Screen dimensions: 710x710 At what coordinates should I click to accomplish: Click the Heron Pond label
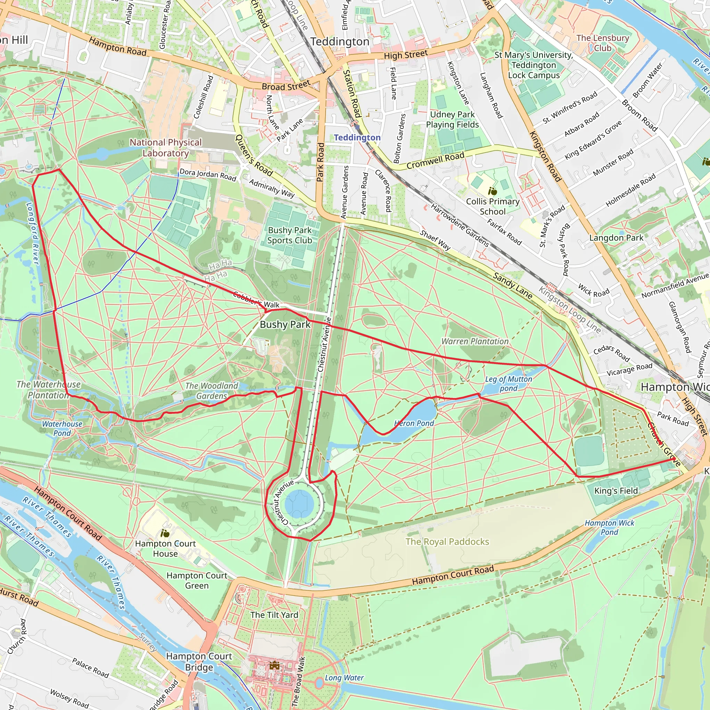pyautogui.click(x=414, y=423)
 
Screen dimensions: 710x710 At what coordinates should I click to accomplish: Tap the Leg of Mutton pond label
pyautogui.click(x=508, y=384)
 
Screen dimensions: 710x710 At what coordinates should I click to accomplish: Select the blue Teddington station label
pyautogui.click(x=357, y=137)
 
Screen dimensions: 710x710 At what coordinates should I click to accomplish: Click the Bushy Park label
pyautogui.click(x=285, y=324)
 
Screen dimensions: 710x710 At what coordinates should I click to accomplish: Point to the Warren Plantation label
pyautogui.click(x=475, y=341)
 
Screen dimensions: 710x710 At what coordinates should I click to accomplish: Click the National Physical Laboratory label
pyautogui.click(x=166, y=148)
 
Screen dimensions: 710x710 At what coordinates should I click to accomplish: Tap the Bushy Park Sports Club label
pyautogui.click(x=289, y=235)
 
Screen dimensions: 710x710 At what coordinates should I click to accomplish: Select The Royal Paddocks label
pyautogui.click(x=447, y=542)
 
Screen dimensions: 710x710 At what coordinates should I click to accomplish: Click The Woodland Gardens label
pyautogui.click(x=212, y=391)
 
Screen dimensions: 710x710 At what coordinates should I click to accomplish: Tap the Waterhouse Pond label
pyautogui.click(x=62, y=428)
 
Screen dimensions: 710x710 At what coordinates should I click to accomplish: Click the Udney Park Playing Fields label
pyautogui.click(x=452, y=120)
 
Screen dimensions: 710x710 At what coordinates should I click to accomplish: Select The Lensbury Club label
pyautogui.click(x=603, y=43)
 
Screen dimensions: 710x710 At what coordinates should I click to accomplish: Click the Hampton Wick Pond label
pyautogui.click(x=609, y=527)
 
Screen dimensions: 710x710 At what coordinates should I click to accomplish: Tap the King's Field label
pyautogui.click(x=616, y=491)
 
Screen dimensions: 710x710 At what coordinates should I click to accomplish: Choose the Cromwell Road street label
pyautogui.click(x=435, y=161)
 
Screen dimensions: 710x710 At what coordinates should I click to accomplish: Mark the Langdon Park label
pyautogui.click(x=616, y=238)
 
